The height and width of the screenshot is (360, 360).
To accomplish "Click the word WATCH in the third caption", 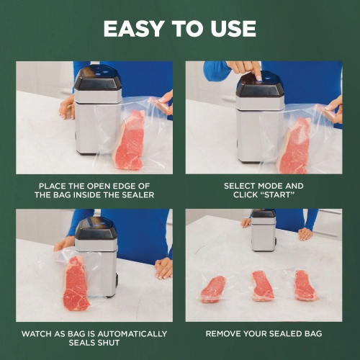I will pos(39,334).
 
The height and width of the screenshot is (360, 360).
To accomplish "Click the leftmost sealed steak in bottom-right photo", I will pos(212,288).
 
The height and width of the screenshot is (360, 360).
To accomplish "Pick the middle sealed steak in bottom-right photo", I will pos(263,285).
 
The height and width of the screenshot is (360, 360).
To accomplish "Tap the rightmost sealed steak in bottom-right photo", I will pos(305,285).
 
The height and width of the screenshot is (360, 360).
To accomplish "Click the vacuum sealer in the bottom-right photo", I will pos(264,232).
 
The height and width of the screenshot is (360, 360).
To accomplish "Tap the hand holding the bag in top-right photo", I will pos(332,109).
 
